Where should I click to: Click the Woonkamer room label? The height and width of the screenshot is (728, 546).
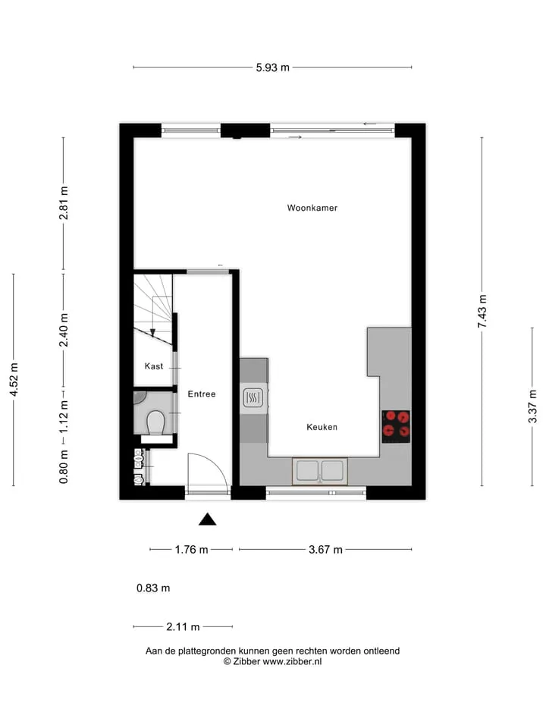312,208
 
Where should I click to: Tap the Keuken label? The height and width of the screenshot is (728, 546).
322,427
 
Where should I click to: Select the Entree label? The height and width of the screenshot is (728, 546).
202,394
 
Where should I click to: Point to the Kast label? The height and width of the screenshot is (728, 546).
154,366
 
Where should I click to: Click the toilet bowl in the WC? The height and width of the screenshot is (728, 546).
155,422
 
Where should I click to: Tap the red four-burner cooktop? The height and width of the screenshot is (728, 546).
396,427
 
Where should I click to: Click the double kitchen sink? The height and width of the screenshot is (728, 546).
320,471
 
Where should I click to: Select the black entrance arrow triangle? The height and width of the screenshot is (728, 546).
208,519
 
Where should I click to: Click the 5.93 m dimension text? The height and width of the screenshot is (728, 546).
272,67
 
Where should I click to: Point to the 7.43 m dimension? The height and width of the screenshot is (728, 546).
482,311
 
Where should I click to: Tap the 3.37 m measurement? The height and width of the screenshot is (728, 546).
532,406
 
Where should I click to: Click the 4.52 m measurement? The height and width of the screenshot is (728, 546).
14,380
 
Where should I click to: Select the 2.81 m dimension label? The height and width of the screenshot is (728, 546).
64,203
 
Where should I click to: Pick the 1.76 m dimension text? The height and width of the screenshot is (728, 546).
191,550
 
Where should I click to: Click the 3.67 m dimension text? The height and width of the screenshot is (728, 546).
325,550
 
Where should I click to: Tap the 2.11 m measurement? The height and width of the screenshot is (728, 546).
183,627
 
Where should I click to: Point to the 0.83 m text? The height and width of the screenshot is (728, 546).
153,588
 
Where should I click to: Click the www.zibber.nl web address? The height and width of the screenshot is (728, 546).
292,661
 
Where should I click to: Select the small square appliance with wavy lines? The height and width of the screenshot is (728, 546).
253,397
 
